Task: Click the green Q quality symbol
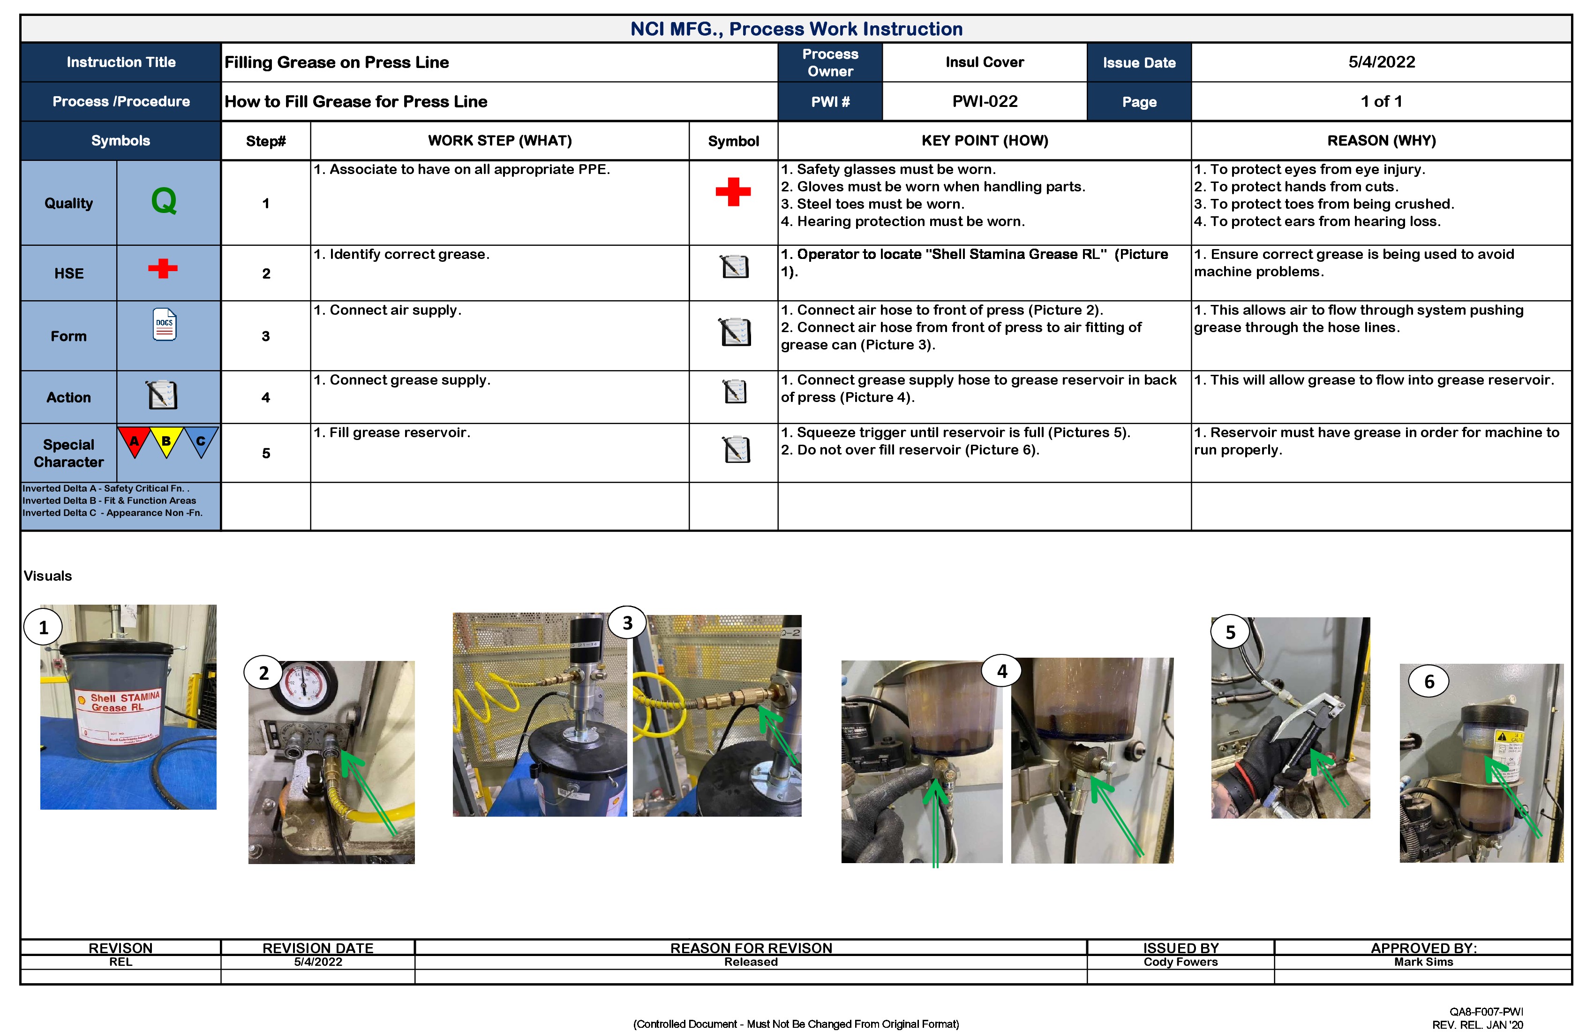164,201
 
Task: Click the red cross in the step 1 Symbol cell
733,192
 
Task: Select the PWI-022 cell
984,102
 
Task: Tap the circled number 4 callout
1001,671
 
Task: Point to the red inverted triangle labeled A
134,441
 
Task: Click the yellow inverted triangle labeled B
166,441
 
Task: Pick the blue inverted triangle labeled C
200,441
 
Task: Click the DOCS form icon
164,324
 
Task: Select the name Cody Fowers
1180,962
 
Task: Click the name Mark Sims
1423,962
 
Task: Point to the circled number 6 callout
1429,682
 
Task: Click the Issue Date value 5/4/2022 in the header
1381,62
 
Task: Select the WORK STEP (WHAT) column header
500,141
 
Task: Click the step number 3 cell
266,336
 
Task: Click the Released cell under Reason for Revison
750,962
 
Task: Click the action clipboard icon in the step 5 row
736,450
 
